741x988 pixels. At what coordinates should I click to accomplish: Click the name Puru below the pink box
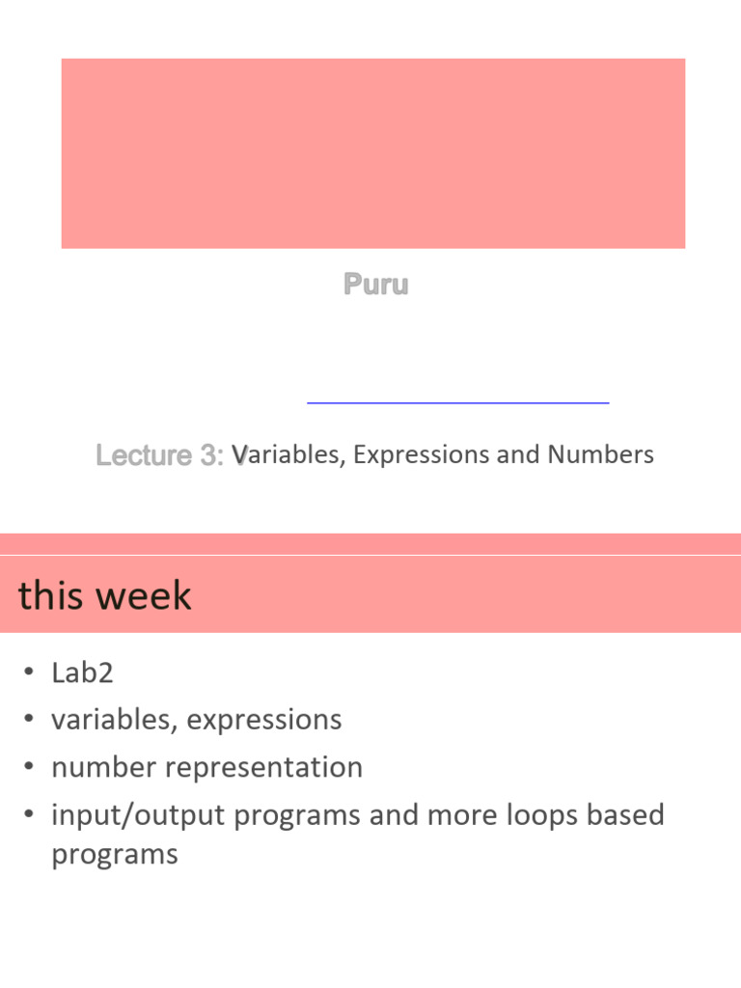[x=376, y=285]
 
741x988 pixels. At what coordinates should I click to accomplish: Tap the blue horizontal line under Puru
[x=457, y=400]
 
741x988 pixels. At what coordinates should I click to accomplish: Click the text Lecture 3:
[x=160, y=455]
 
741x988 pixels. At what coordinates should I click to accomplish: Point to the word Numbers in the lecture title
[x=600, y=454]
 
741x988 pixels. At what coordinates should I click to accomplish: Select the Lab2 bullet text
[x=82, y=672]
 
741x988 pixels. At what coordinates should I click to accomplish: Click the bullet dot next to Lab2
[x=30, y=672]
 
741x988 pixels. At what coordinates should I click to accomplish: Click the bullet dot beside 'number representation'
[x=30, y=768]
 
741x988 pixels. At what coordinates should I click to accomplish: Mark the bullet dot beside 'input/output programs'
[x=30, y=815]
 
